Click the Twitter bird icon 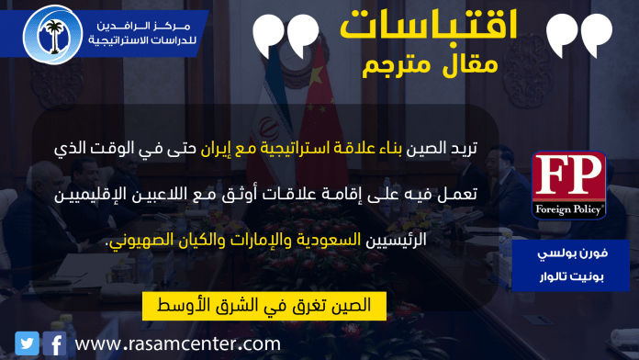[27, 343]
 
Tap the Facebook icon [54, 343]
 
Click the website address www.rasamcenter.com [178, 343]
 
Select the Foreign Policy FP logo [569, 186]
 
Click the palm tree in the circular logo [54, 37]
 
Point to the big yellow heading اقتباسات [429, 25]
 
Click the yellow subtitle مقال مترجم [430, 65]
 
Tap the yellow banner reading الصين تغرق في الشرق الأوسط [264, 306]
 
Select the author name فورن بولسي [572, 253]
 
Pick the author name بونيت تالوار [571, 276]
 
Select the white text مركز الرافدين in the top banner [143, 26]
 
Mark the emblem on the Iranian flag [268, 128]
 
